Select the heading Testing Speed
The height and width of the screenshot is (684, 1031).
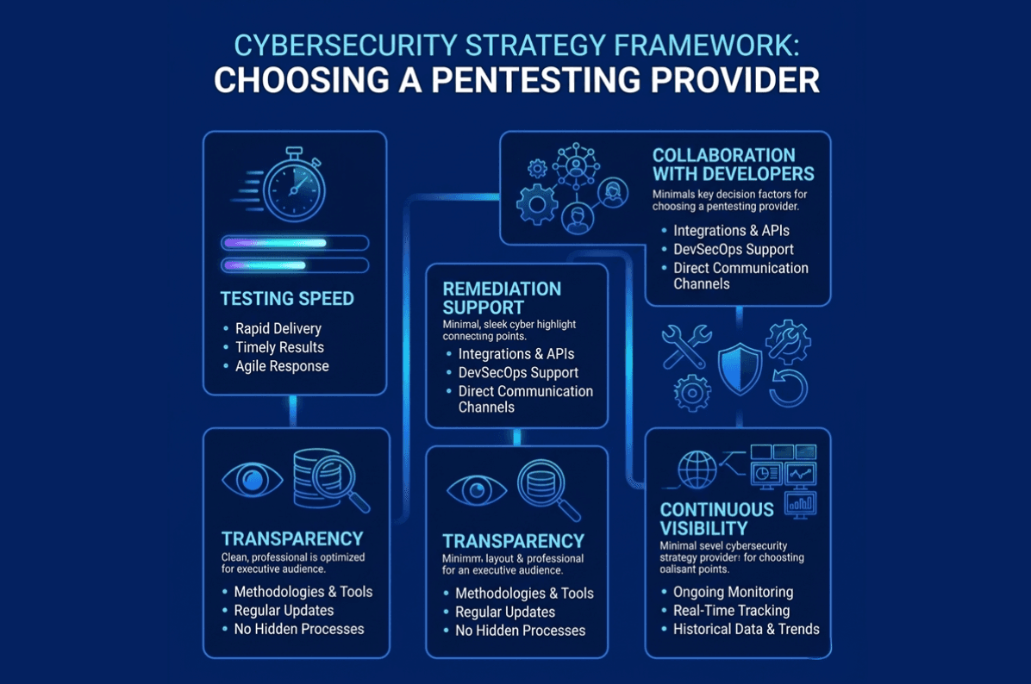pyautogui.click(x=287, y=299)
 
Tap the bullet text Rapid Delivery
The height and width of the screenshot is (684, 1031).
pyautogui.click(x=278, y=328)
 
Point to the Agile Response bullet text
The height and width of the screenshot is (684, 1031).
pyautogui.click(x=282, y=366)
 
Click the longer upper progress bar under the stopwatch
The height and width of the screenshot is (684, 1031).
pyautogui.click(x=295, y=243)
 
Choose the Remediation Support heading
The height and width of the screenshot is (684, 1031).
pyautogui.click(x=502, y=298)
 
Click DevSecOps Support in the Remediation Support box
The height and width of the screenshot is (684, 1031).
pyautogui.click(x=518, y=372)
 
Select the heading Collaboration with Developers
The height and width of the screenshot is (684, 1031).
pyautogui.click(x=733, y=165)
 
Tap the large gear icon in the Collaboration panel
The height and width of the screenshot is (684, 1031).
pyautogui.click(x=537, y=203)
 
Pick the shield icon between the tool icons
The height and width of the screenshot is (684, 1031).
pyautogui.click(x=740, y=368)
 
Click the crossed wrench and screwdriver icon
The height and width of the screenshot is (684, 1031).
pyautogui.click(x=686, y=346)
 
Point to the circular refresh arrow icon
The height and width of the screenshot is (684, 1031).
pyautogui.click(x=789, y=388)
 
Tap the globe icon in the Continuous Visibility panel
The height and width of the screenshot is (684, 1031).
pyautogui.click(x=697, y=469)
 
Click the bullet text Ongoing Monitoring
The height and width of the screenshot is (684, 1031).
pyautogui.click(x=733, y=592)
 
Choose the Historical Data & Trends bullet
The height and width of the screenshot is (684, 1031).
pyautogui.click(x=747, y=630)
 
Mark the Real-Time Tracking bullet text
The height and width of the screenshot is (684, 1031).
pyautogui.click(x=731, y=611)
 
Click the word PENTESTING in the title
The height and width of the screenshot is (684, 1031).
pyautogui.click(x=535, y=80)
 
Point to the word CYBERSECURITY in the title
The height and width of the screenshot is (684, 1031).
pyautogui.click(x=346, y=46)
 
